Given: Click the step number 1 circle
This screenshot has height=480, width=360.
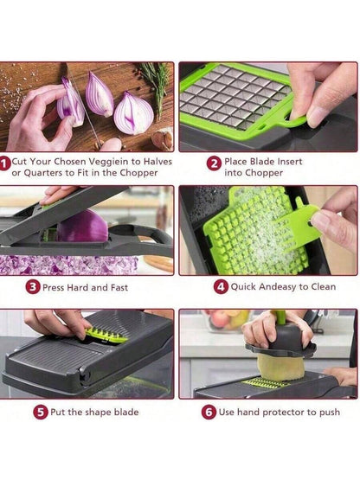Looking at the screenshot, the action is (4, 163).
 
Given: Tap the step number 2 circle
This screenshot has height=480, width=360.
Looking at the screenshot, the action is (214, 163).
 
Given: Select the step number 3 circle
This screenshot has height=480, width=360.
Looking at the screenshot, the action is (33, 287).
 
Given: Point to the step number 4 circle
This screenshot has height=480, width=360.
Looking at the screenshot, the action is (221, 287).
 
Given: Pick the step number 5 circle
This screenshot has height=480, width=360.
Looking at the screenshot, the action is (41, 412).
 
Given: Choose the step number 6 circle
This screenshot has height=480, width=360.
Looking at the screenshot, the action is (209, 412).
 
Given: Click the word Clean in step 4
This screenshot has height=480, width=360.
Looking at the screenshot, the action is (324, 287).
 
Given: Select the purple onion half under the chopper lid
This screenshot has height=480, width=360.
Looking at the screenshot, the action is (82, 226).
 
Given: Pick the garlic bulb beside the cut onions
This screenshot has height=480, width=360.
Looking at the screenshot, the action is (163, 139).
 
